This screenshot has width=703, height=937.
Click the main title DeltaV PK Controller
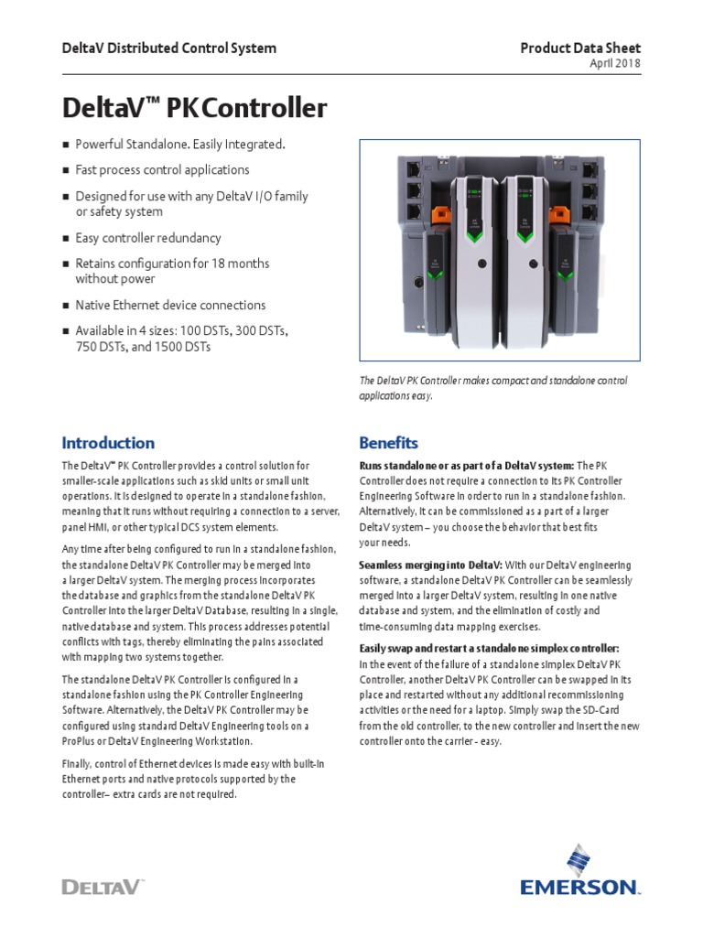tap(194, 109)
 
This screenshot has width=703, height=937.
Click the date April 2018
tap(614, 63)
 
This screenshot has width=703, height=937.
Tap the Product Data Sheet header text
tap(580, 48)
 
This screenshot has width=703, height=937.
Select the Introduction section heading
tap(108, 443)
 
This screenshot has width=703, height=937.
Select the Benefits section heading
tap(388, 443)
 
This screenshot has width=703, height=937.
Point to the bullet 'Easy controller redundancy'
tap(147, 238)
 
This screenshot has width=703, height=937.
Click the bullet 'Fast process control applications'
tap(162, 170)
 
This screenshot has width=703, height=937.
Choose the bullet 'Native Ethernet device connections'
tap(170, 306)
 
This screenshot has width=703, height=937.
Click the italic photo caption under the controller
tap(493, 388)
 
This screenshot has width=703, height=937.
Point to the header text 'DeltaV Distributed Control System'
tap(168, 48)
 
